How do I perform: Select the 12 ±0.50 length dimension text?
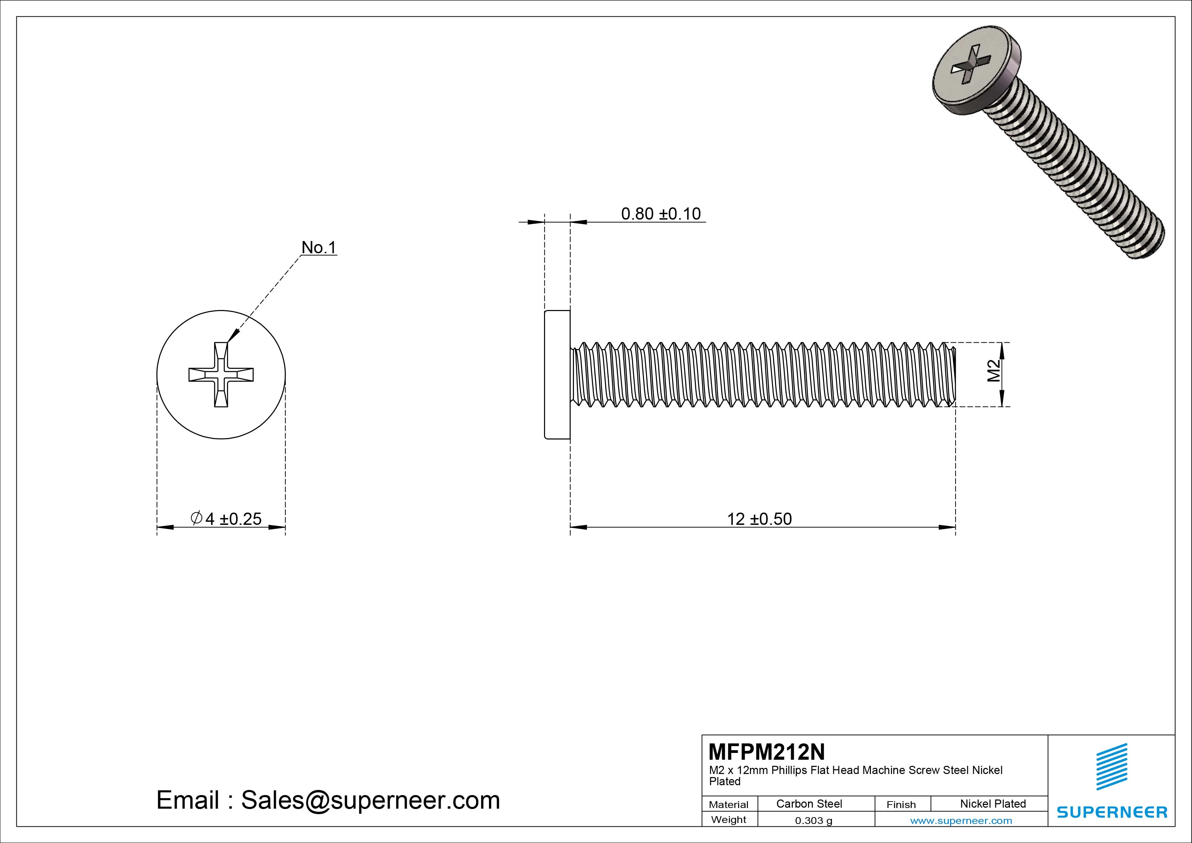pos(759,519)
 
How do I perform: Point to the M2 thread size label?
pos(993,371)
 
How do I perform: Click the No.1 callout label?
pos(319,248)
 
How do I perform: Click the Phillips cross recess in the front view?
pos(221,375)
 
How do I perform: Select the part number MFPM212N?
pos(766,752)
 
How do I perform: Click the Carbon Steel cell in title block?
pos(809,804)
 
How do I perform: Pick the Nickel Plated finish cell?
pos(993,804)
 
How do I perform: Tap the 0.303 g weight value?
pos(813,821)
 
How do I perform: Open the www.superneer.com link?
pos(961,821)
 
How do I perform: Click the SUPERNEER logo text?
pos(1111,812)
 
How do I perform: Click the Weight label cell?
pos(729,820)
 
